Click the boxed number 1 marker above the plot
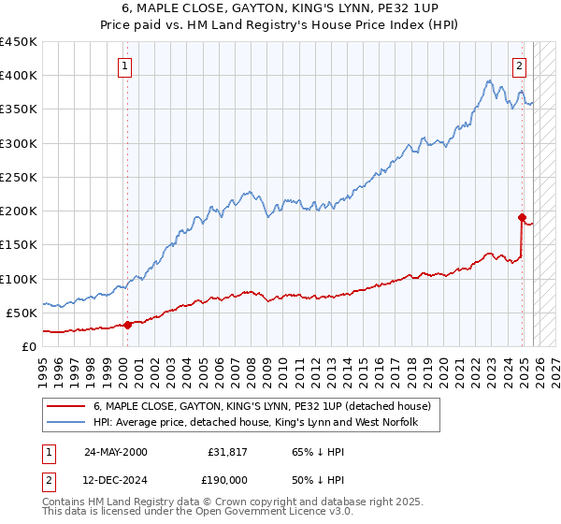click(x=125, y=65)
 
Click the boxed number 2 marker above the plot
click(x=519, y=65)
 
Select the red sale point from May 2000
click(x=128, y=325)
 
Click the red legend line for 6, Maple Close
click(x=66, y=406)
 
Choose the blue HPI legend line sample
click(x=66, y=423)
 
